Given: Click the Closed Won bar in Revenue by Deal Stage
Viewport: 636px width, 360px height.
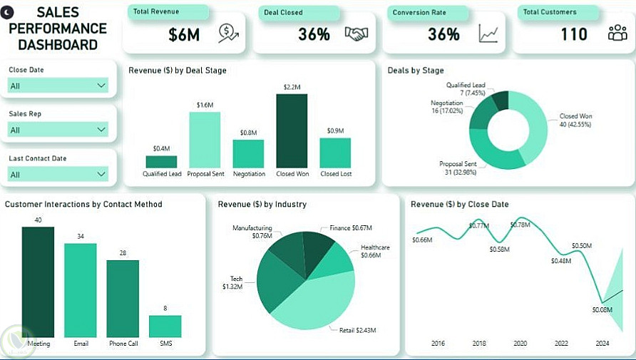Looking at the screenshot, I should pos(292,131).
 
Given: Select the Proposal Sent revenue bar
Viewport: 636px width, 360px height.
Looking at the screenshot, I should pos(204,140).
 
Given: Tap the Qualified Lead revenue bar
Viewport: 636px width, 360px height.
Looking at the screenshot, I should pos(161,162).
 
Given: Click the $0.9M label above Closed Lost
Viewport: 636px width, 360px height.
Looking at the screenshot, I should pos(335,131).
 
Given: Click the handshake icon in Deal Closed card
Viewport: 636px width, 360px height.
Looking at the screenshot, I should pos(357,34).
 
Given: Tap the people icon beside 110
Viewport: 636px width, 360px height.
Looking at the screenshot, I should pos(617,34).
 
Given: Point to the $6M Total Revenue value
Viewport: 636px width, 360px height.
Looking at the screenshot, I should pos(184,34).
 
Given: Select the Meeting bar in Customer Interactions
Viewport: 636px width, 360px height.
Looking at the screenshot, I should pos(38,282).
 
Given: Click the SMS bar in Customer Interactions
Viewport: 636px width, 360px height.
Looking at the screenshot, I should pos(165,326).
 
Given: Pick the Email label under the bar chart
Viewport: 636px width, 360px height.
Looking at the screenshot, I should pos(81,344).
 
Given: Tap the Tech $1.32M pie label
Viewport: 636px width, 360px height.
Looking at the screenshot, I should pos(232,283).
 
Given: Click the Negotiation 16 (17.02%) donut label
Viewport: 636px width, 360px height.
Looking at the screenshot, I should pos(446,107).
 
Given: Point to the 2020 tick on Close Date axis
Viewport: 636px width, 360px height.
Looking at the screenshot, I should pos(520,344).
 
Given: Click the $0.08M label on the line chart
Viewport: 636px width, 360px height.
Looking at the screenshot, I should pos(602,310).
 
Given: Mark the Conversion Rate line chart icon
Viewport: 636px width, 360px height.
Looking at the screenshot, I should pos(488,34).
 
